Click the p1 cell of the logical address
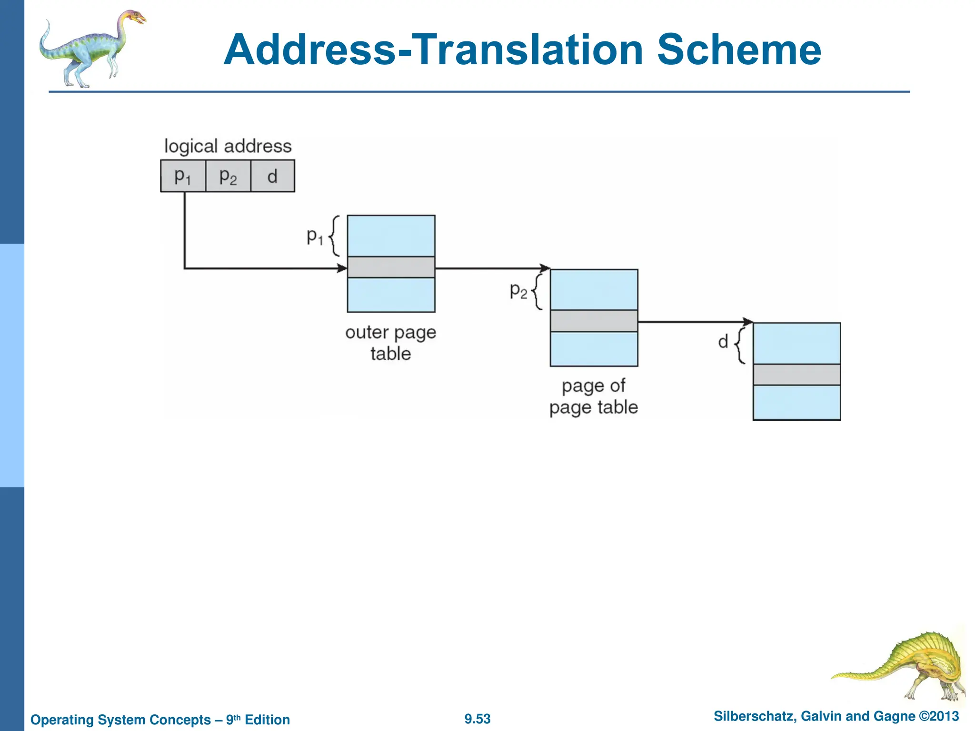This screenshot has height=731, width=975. click(x=183, y=176)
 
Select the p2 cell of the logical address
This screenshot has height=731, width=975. click(x=228, y=176)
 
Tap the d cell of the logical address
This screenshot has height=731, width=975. click(x=272, y=176)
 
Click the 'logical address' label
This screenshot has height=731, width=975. click(x=228, y=146)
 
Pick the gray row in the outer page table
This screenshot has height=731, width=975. click(x=391, y=267)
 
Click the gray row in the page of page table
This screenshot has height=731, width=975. click(x=594, y=321)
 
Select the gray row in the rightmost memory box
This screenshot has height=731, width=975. click(x=796, y=375)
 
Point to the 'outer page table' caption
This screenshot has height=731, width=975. click(x=390, y=343)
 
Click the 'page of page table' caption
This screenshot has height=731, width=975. click(x=593, y=396)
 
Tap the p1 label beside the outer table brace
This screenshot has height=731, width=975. click(x=315, y=236)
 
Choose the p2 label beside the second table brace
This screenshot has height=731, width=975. click(x=518, y=290)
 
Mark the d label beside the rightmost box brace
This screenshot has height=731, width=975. click(x=723, y=341)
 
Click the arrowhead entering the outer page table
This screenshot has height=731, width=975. click(x=342, y=268)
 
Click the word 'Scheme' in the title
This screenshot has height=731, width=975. click(x=739, y=50)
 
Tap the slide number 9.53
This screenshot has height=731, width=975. click(x=478, y=719)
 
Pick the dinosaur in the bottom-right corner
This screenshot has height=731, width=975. click(x=905, y=666)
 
